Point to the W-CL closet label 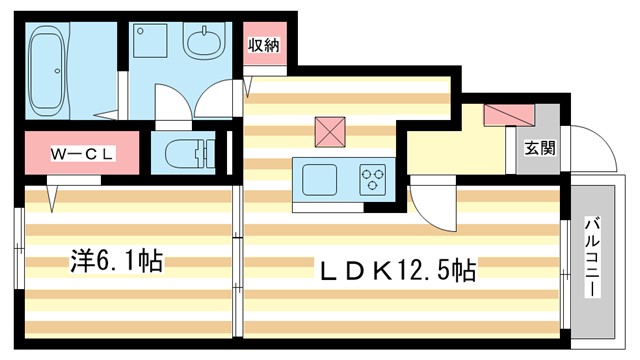pos(85,154)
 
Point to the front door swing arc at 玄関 pos(585,150)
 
